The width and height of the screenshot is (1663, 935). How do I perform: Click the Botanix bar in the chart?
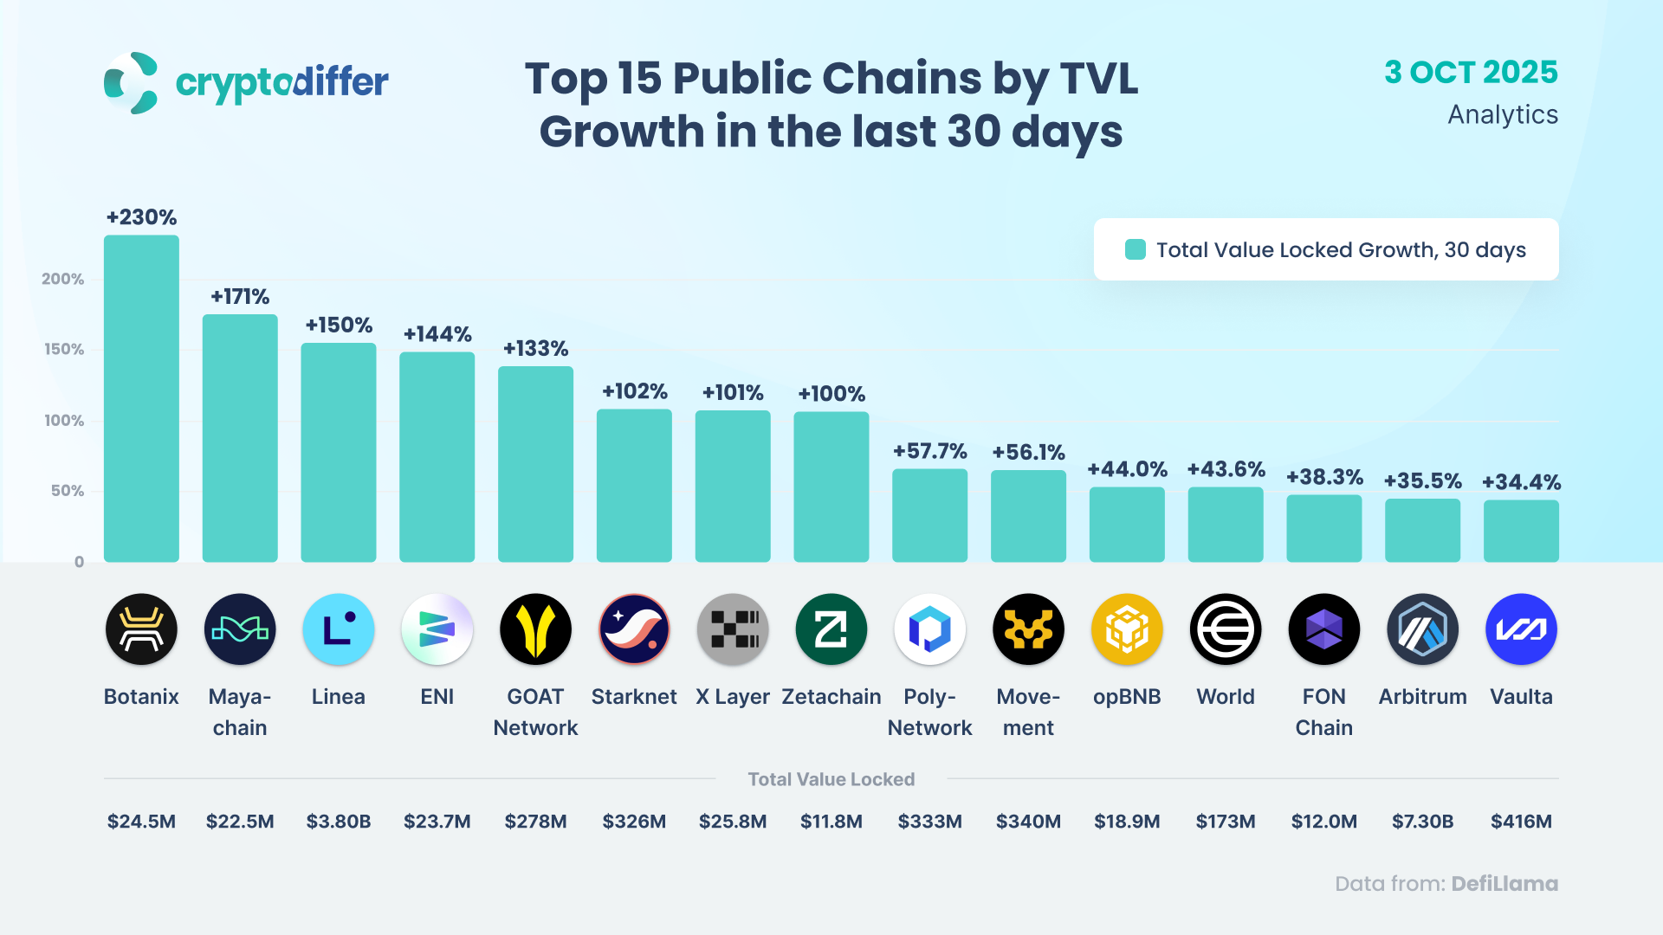click(x=141, y=398)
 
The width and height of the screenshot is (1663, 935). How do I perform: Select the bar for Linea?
click(x=338, y=452)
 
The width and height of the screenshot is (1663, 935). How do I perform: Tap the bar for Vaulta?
click(x=1521, y=531)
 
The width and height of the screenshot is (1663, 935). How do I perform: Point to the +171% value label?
click(x=240, y=297)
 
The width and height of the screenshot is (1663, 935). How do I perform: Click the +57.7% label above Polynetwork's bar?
click(x=929, y=451)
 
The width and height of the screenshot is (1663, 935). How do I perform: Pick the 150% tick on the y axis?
click(x=64, y=350)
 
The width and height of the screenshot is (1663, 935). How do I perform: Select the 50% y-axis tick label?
click(x=68, y=491)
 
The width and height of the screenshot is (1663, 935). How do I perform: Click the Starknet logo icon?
click(x=634, y=629)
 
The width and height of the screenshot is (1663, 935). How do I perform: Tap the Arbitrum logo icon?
click(x=1422, y=629)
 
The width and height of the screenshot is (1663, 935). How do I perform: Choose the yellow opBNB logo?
click(x=1127, y=629)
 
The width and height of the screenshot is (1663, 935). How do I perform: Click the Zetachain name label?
click(x=831, y=697)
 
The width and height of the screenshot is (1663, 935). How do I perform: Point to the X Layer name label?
click(x=733, y=697)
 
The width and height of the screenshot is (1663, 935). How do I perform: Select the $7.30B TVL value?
click(x=1422, y=821)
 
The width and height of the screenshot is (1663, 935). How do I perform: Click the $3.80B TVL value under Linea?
click(x=338, y=821)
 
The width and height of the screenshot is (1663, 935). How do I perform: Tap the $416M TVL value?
click(x=1521, y=821)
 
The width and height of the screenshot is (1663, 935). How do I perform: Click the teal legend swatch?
click(x=1135, y=249)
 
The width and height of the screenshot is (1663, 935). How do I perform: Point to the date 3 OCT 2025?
click(x=1471, y=73)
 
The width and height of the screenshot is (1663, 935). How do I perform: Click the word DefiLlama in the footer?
click(x=1504, y=884)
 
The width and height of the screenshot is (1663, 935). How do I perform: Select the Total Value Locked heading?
click(x=831, y=779)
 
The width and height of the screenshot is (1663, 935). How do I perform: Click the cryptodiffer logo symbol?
click(x=131, y=83)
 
